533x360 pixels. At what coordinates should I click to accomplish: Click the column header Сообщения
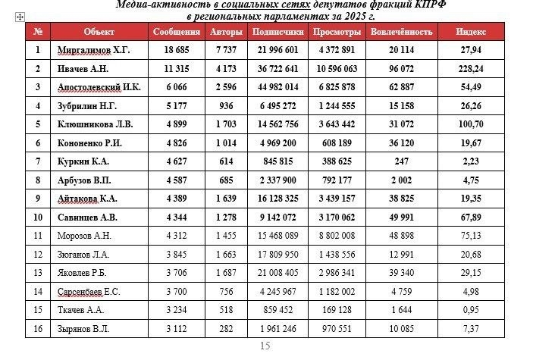176,33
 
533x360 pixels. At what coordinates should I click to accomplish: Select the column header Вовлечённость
402,33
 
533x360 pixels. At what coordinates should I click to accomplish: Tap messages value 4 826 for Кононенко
176,142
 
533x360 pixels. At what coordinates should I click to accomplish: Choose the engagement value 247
402,161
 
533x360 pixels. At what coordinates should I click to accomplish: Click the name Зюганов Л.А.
83,254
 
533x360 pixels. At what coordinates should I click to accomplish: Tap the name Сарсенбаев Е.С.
89,291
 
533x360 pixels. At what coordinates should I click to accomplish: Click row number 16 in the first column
38,328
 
